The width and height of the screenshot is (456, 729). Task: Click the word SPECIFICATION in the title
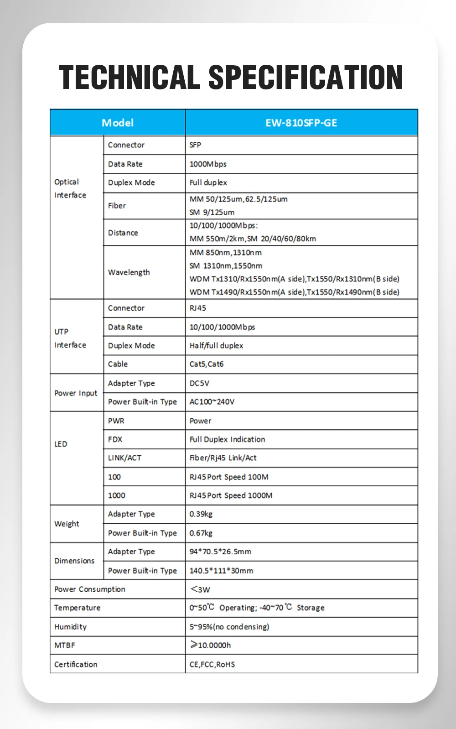coord(306,77)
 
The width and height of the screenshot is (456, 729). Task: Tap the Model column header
coord(118,123)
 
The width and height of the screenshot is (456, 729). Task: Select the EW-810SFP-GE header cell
coord(301,123)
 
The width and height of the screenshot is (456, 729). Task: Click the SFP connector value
coord(195,145)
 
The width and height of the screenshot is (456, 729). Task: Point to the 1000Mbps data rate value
coord(208,164)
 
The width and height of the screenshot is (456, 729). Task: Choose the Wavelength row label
coord(129,272)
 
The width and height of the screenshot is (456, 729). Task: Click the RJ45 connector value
coord(198,308)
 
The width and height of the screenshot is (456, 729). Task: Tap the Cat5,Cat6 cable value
coord(207,364)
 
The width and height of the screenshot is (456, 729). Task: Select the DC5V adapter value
coord(199,383)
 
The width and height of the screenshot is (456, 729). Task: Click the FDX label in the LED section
coord(115,439)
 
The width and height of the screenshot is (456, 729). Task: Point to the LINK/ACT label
coord(124,458)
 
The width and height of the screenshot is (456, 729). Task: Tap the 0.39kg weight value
coord(201,514)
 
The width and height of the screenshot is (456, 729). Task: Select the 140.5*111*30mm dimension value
coord(221,571)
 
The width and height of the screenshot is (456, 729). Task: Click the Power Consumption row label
coord(90,589)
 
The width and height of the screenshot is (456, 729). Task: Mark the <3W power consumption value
coord(200,589)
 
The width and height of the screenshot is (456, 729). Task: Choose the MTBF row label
coord(64,646)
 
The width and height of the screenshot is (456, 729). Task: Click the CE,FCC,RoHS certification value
coord(212,664)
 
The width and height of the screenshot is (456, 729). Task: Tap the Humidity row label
coord(70,627)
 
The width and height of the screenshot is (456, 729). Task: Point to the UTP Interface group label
coord(70,338)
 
